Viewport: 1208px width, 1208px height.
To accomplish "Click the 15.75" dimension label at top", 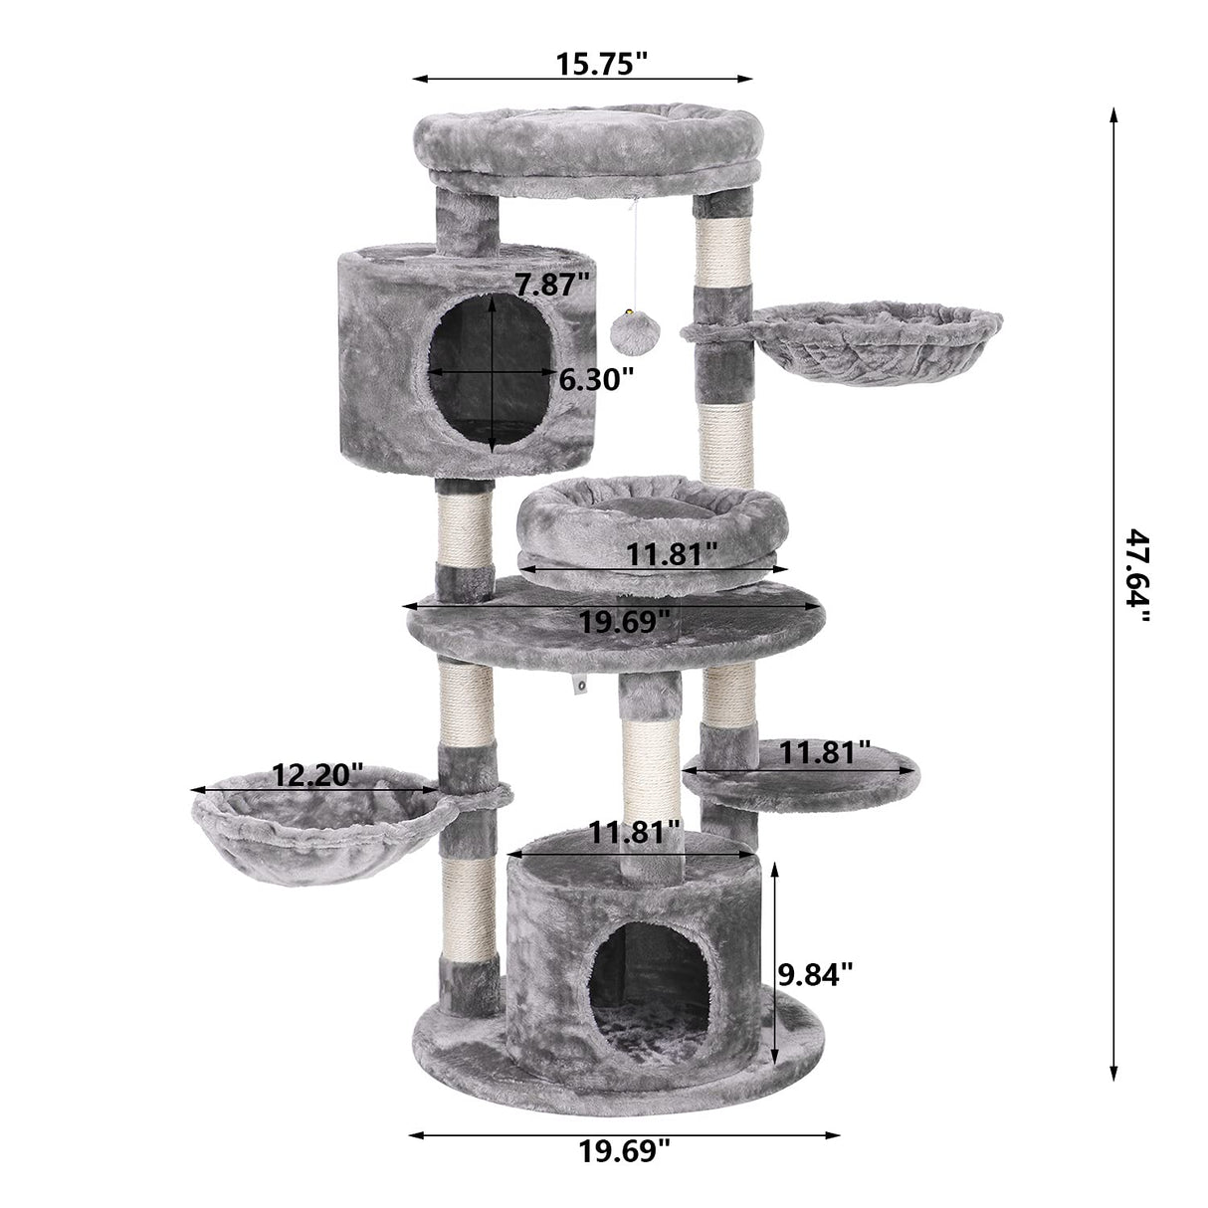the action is [x=601, y=64].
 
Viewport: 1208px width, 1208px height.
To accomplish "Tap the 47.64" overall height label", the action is [x=1137, y=575].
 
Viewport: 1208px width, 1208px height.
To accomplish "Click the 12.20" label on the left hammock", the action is [x=318, y=775].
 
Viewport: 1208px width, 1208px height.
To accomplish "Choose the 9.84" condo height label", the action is [x=816, y=992].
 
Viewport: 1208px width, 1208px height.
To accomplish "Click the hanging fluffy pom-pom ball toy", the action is [x=635, y=331].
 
